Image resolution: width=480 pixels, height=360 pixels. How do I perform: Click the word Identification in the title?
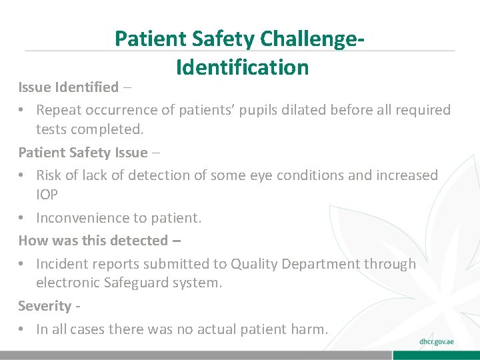242,67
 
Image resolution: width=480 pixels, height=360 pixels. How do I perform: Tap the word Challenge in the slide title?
308,39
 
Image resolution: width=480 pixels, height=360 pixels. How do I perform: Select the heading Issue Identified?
68,87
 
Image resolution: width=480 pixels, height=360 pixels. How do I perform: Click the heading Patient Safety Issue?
83,153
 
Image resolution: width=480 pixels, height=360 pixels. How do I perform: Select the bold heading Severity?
44,306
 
